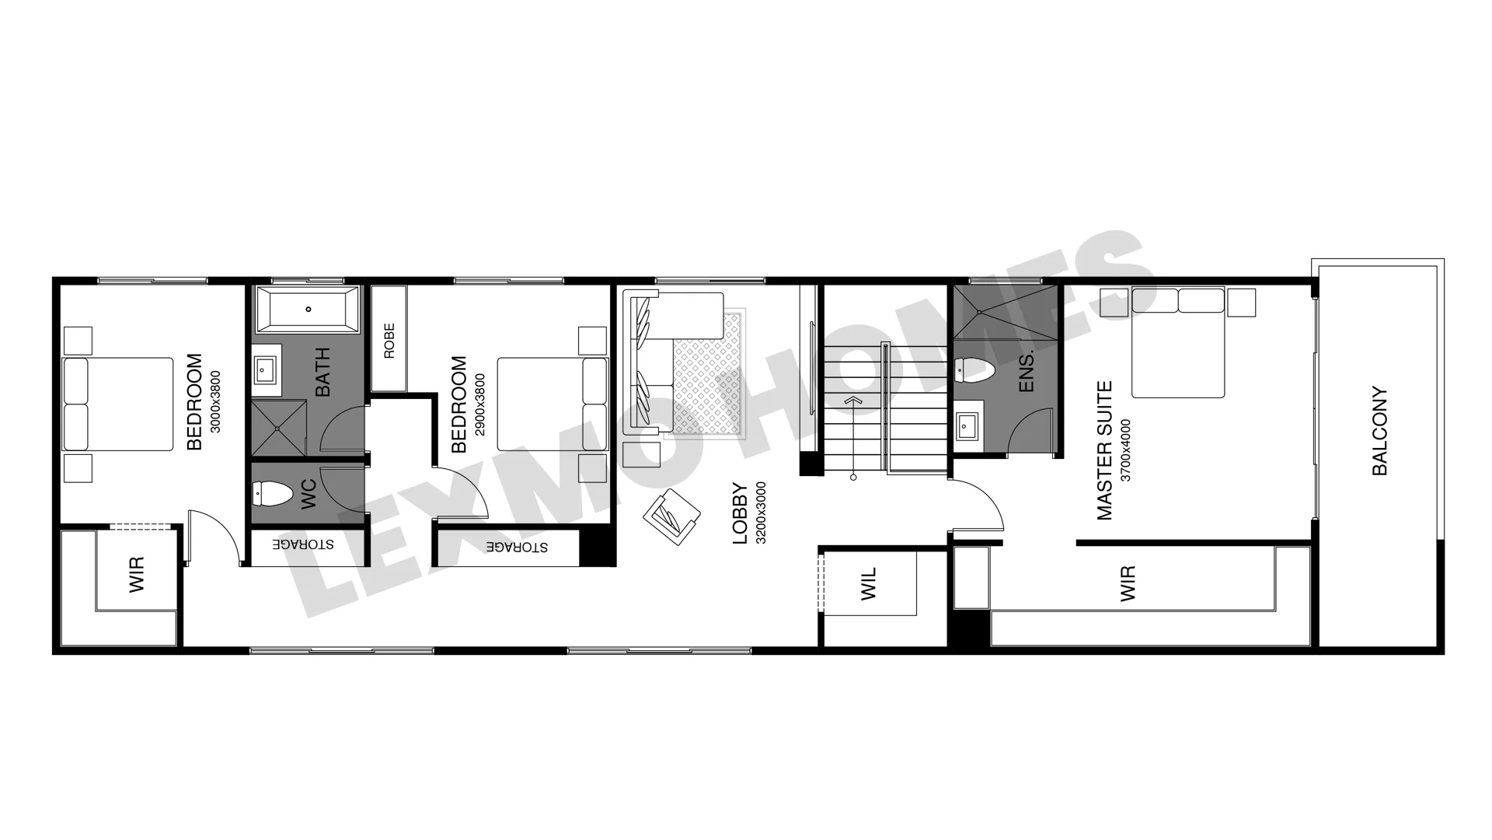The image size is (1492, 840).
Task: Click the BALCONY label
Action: coord(1379,431)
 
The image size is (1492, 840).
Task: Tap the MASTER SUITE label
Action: coord(1104,450)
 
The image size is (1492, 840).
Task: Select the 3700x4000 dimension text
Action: coord(1126,450)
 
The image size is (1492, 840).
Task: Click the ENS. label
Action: coord(1026,371)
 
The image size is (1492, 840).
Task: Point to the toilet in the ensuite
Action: coord(974,370)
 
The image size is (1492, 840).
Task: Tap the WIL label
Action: coord(869,583)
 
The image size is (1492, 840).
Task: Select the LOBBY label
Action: coord(740,513)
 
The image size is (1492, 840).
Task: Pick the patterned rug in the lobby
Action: coord(709,373)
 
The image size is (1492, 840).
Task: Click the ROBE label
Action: coord(389,341)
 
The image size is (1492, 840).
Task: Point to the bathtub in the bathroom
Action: coord(308,310)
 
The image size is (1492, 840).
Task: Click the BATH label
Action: coord(322,372)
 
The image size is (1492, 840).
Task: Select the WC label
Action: coord(309,495)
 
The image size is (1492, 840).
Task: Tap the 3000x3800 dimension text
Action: coord(215,401)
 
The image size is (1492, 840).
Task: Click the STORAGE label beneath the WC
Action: coord(303,544)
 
